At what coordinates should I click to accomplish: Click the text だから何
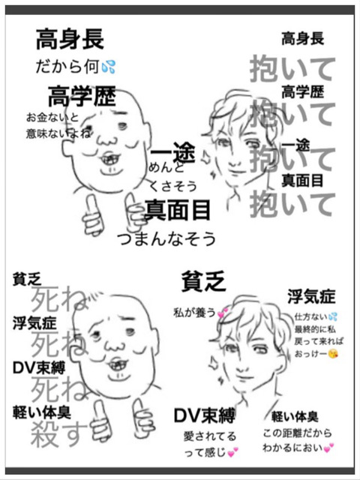(67, 67)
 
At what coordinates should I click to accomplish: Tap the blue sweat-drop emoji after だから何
(108, 67)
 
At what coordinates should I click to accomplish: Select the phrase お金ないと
(52, 117)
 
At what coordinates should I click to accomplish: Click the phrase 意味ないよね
(58, 133)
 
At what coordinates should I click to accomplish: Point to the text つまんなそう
(166, 239)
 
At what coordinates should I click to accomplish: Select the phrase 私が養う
(195, 313)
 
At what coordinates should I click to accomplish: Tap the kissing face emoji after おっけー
(333, 354)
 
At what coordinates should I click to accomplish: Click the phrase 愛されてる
(210, 436)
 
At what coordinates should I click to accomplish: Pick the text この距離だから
(297, 433)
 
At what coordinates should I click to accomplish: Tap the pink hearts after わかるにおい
(328, 448)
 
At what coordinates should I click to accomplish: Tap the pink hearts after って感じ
(233, 451)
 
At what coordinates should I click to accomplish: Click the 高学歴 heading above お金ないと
(82, 96)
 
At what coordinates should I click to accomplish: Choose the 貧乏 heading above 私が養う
(203, 281)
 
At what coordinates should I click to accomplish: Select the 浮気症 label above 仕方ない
(311, 297)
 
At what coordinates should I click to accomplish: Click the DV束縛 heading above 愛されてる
(205, 415)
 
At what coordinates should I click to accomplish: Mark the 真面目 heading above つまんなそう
(178, 210)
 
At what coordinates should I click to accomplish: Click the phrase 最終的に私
(315, 329)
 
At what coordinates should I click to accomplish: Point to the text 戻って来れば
(319, 341)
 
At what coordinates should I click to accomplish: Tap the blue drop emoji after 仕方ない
(332, 316)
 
